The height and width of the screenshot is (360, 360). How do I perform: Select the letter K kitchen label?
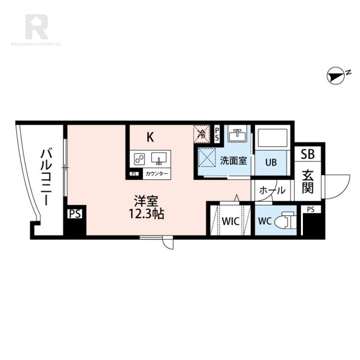click(x=150, y=137)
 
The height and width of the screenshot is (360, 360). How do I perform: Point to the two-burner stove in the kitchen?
click(x=139, y=158)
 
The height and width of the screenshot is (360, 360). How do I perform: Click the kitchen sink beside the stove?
click(x=159, y=158)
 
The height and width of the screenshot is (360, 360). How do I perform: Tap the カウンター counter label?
click(x=157, y=174)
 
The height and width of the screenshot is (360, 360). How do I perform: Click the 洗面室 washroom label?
click(x=234, y=161)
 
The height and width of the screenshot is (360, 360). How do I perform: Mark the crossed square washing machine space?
click(x=207, y=158)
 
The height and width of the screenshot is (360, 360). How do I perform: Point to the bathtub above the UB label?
click(x=272, y=139)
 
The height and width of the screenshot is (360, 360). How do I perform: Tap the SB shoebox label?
click(x=308, y=154)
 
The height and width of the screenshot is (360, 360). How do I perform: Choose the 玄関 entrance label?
click(x=308, y=181)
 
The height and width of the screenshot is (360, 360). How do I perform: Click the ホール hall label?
click(x=272, y=191)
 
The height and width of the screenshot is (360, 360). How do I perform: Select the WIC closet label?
click(x=230, y=221)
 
